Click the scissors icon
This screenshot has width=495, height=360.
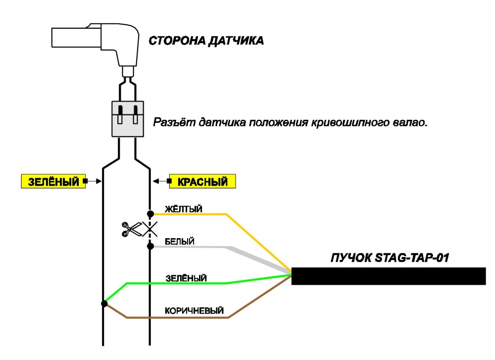tap(132, 229)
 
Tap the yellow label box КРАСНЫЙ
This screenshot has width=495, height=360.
tap(202, 181)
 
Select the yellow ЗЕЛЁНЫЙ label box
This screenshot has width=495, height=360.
tap(53, 181)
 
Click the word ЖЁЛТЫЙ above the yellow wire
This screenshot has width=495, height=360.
tap(184, 209)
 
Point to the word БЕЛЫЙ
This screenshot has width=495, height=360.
tap(180, 242)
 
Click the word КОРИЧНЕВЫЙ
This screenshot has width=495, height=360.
tap(194, 311)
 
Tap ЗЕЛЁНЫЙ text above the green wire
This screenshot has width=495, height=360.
tap(186, 278)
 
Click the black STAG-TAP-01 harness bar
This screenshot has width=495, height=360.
tap(388, 276)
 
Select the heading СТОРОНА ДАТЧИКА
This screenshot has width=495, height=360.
tap(206, 41)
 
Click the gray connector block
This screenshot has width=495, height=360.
tap(128, 119)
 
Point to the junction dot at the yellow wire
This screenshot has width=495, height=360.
tap(150, 214)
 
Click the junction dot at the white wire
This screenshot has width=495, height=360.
tap(150, 246)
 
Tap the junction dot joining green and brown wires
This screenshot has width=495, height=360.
tap(104, 304)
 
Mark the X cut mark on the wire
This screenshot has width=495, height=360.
tap(150, 229)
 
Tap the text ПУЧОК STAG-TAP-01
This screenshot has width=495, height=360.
tap(390, 257)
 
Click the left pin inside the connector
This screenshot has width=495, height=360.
tap(120, 114)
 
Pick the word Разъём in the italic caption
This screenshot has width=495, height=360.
tap(175, 122)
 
